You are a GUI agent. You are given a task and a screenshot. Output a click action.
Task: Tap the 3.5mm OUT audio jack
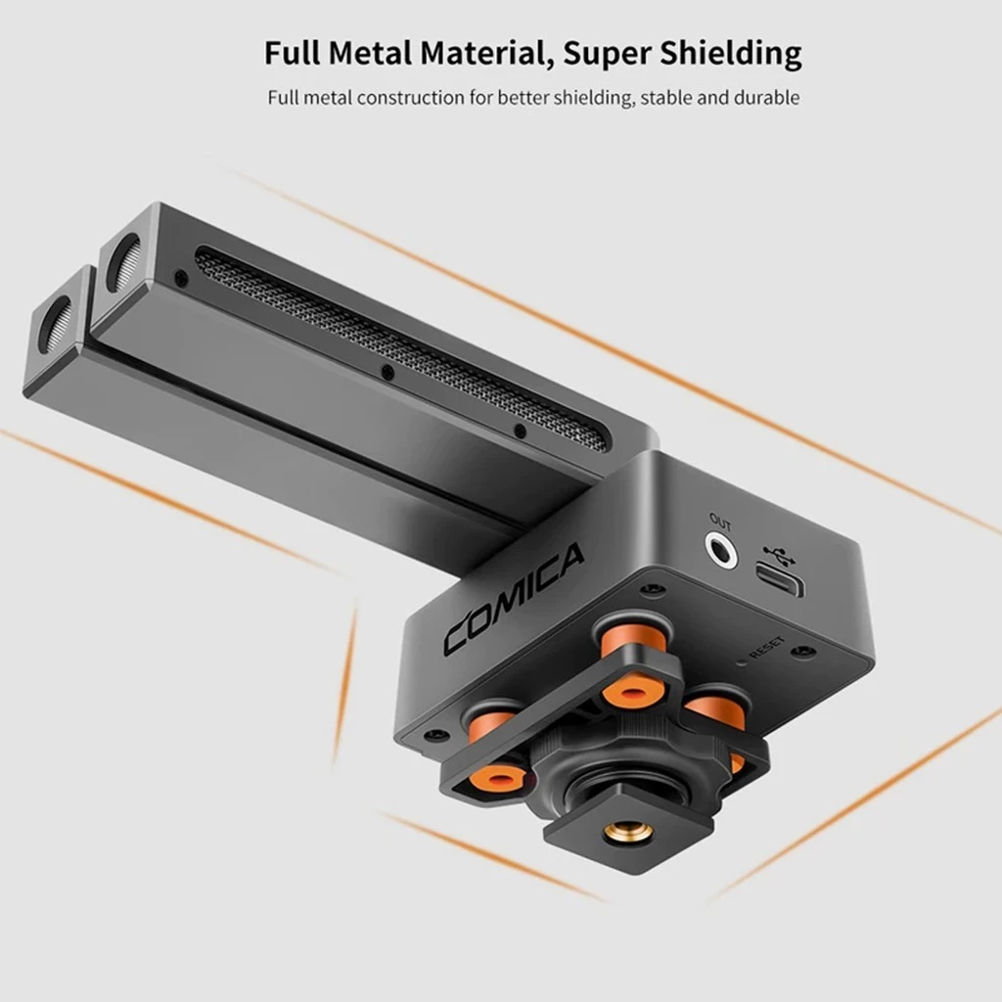click(721, 551)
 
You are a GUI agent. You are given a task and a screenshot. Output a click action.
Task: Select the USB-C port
click(780, 584)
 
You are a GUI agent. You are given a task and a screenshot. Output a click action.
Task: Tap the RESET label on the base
click(766, 647)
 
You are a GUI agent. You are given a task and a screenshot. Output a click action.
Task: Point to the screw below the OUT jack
click(646, 590)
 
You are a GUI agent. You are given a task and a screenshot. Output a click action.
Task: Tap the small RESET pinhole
click(742, 661)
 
